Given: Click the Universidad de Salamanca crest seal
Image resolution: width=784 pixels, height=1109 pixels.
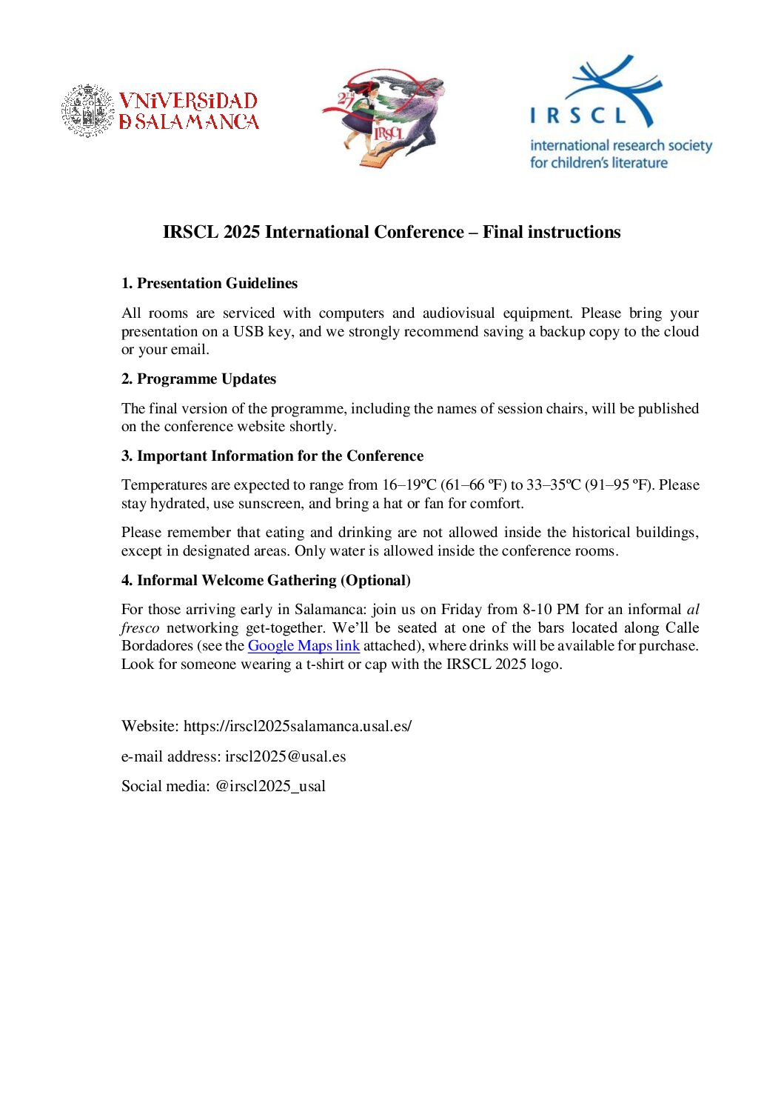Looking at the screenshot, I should [x=88, y=110].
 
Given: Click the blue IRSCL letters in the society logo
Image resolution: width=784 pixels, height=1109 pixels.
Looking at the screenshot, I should [x=578, y=116].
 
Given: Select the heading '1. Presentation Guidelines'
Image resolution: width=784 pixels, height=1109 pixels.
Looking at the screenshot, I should [x=210, y=283].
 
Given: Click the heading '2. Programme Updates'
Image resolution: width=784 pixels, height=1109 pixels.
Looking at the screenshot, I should [x=198, y=379].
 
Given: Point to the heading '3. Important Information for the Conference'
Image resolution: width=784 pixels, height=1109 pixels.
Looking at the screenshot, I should [x=272, y=456].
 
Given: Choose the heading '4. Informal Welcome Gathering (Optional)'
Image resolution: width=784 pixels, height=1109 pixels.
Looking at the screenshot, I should [x=266, y=580].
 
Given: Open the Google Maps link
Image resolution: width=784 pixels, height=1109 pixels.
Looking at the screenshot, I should [x=304, y=645].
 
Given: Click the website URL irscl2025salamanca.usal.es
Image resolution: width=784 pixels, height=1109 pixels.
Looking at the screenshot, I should [x=298, y=726].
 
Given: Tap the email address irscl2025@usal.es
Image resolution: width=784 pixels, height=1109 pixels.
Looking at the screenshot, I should [x=286, y=756].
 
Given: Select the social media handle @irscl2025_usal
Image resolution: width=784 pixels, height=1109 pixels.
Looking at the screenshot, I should [x=270, y=786].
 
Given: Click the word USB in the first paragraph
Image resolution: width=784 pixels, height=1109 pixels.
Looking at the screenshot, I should [x=249, y=331].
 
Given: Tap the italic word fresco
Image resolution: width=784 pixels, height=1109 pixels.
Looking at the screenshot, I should [x=140, y=627].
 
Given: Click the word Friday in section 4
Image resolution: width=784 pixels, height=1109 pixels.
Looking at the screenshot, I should [x=461, y=609].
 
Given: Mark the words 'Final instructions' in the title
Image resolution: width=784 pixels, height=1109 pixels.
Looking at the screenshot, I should [x=552, y=232].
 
